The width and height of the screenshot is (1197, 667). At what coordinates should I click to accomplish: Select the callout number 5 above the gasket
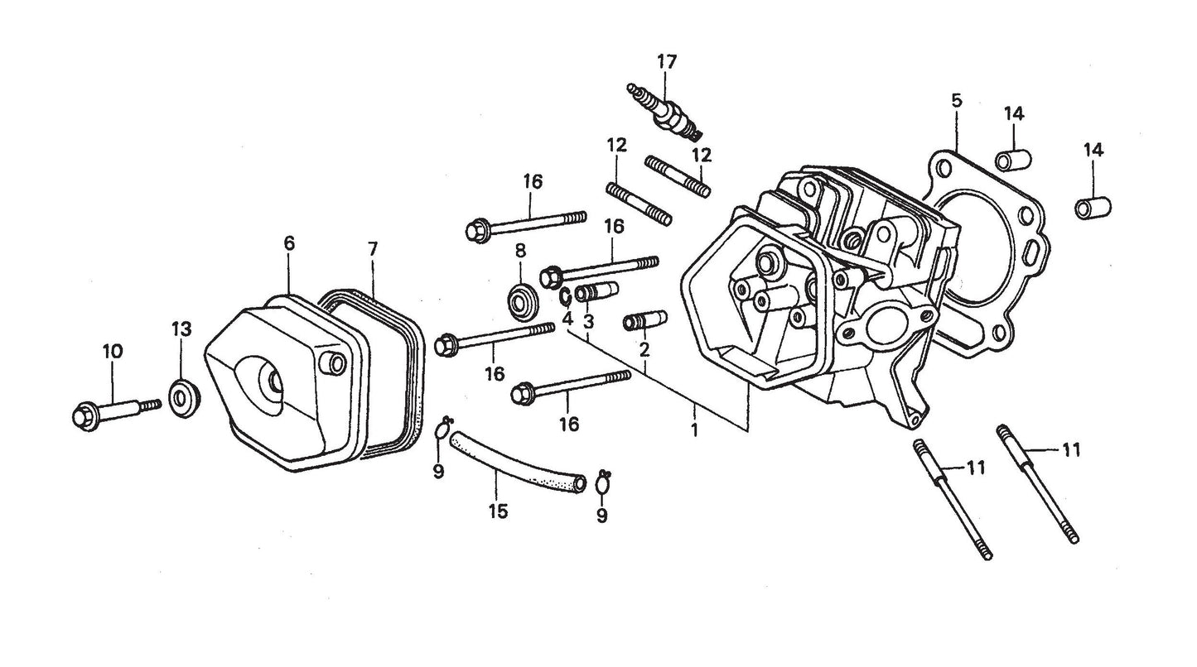957,102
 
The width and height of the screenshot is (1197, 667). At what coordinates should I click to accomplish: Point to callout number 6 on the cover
288,243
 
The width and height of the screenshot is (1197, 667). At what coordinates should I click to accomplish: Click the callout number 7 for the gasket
373,247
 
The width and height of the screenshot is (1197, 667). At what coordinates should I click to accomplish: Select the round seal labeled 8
521,300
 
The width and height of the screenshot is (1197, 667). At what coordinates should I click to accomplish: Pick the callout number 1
694,430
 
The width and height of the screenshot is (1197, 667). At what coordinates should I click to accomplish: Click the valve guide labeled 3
595,292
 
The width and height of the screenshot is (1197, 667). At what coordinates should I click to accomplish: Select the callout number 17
667,62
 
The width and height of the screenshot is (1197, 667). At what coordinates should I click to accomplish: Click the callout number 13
181,329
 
